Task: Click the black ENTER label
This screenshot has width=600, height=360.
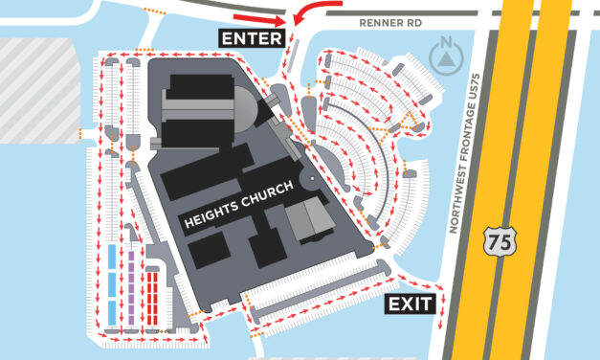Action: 252,38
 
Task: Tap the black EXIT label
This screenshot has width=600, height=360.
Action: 410,305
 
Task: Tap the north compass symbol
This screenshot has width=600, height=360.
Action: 448,59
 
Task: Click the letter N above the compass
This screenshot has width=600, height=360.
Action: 448,42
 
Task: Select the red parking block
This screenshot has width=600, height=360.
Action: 153,298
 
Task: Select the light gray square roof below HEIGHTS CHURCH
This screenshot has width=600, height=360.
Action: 308,220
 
